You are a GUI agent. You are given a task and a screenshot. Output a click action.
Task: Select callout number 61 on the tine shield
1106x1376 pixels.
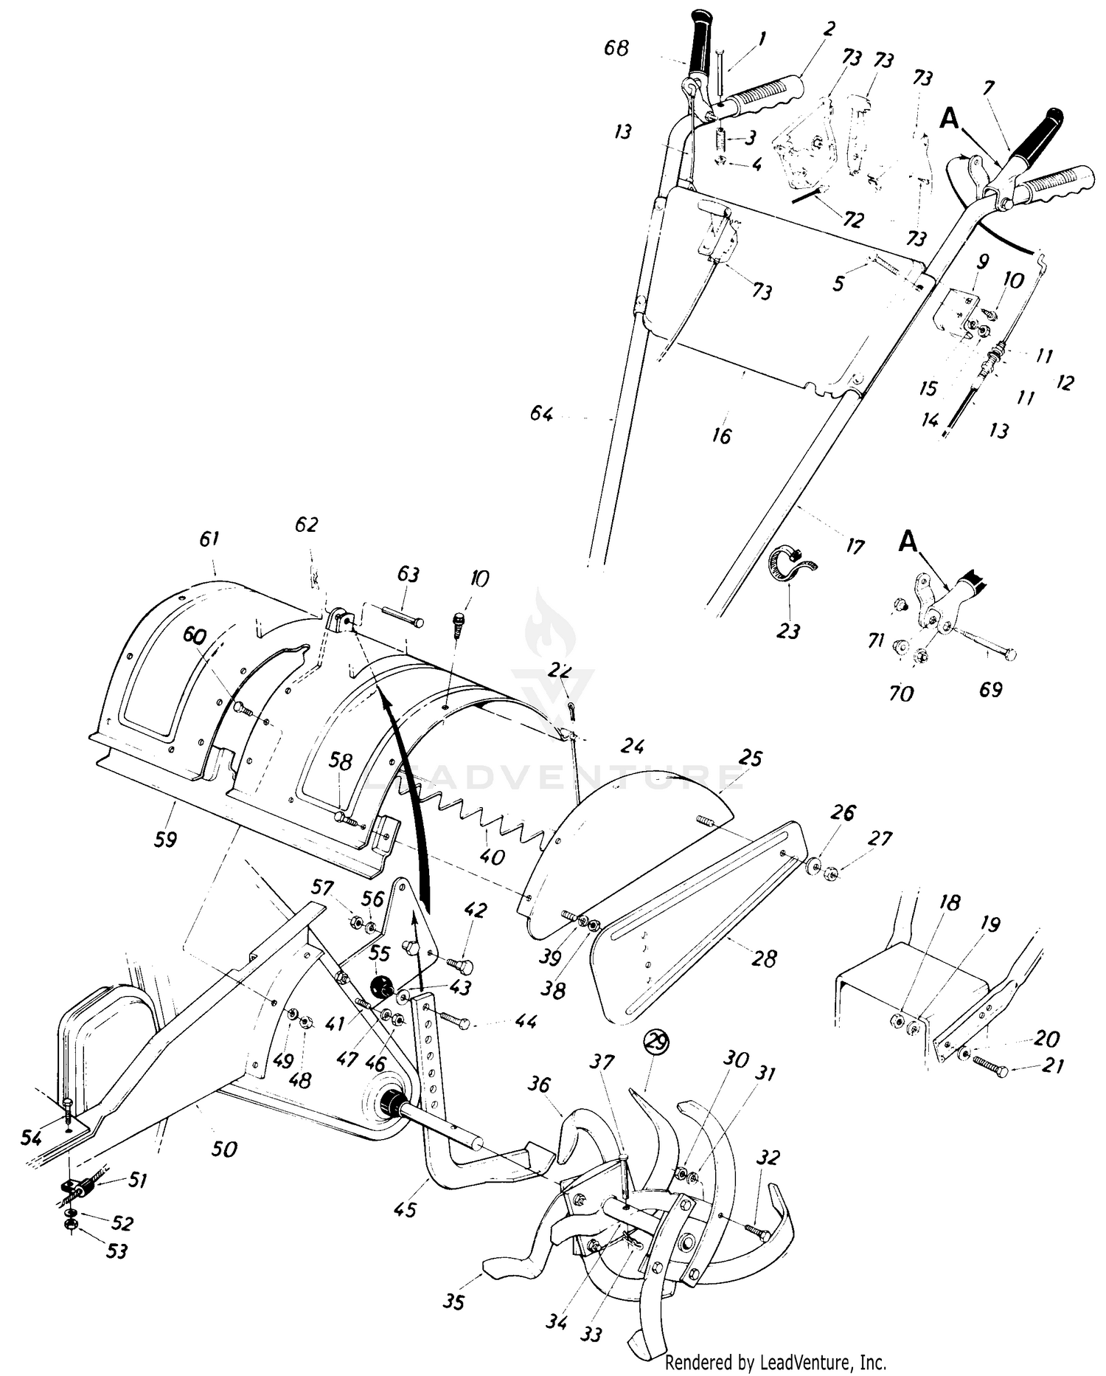click(x=209, y=539)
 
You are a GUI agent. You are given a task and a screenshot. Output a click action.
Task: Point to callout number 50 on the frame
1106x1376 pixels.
click(x=225, y=1149)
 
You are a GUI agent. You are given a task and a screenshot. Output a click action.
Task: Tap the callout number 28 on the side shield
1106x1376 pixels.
click(x=764, y=958)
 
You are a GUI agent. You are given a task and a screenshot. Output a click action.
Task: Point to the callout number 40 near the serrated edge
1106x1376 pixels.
click(x=492, y=857)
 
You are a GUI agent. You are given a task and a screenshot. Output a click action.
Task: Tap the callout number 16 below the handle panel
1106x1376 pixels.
click(x=722, y=435)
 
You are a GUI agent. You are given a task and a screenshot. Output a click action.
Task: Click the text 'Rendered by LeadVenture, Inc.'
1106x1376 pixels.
click(x=776, y=1361)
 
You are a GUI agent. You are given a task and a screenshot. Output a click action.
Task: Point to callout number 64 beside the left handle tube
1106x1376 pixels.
click(x=541, y=414)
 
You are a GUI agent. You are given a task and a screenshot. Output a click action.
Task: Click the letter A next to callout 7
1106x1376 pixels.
click(x=950, y=119)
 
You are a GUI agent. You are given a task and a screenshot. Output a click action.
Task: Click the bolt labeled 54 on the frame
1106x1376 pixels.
click(x=68, y=1109)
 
